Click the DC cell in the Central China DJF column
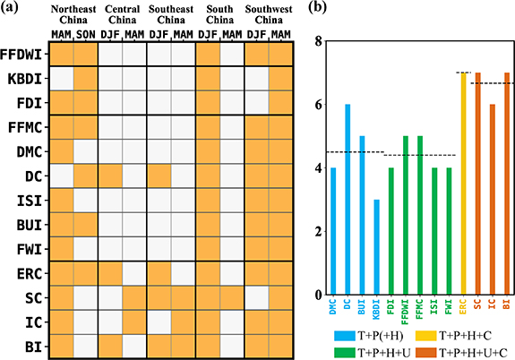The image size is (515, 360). tap(110, 176)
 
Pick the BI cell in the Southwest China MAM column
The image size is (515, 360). tap(282, 345)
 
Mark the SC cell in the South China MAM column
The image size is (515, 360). tap(233, 296)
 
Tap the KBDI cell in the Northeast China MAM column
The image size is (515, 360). tap(61, 79)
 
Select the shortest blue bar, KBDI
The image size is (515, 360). tap(376, 247)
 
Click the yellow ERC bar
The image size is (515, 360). tap(463, 184)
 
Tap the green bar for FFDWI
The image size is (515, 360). tap(405, 215)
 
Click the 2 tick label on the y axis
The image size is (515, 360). tap(310, 232)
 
